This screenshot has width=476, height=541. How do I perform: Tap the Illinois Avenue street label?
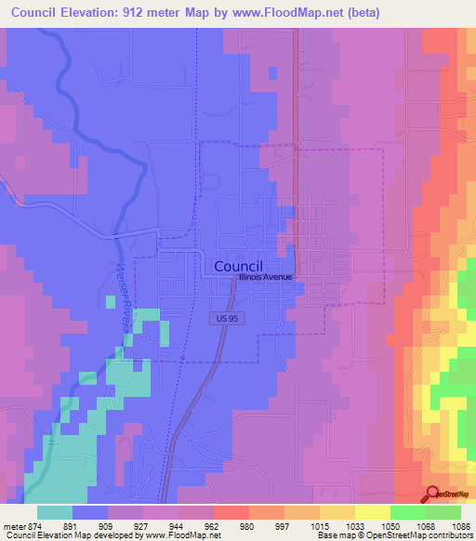pos(265,277)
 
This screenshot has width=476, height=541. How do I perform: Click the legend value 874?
pos(36,525)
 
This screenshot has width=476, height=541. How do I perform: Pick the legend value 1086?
pos(462,525)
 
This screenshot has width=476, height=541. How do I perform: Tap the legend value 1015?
pos(321,525)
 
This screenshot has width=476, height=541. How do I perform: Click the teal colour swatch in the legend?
pos(55,512)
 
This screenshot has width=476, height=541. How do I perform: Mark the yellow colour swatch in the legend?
pos(373,512)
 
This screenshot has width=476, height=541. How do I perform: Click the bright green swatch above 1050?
pos(408,512)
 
